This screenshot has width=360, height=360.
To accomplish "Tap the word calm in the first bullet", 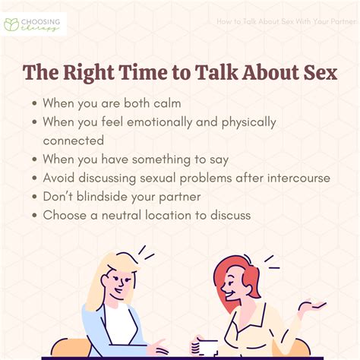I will [x=167, y=102].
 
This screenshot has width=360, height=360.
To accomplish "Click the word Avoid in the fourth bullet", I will [x=61, y=178].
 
